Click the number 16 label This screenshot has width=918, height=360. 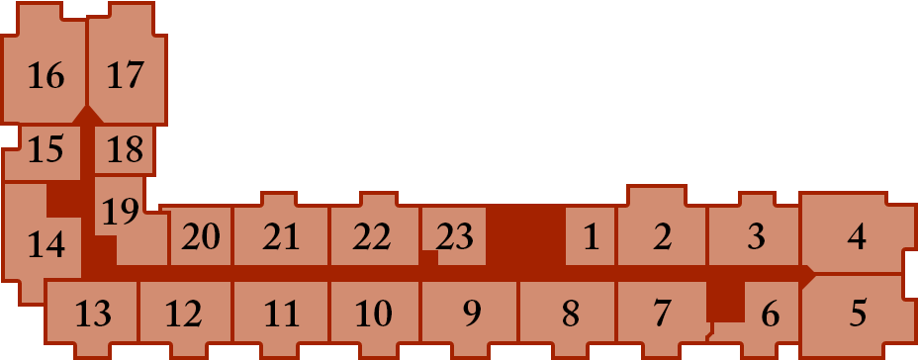click(x=46, y=76)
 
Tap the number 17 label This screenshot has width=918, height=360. click(x=126, y=76)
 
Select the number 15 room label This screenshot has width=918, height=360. click(x=46, y=149)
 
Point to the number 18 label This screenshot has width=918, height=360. click(x=126, y=149)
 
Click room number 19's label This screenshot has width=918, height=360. click(x=121, y=212)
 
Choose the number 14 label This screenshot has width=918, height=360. click(x=46, y=244)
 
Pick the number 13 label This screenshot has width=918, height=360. click(x=93, y=314)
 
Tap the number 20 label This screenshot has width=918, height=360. click(x=201, y=237)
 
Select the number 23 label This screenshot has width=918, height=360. click(x=454, y=237)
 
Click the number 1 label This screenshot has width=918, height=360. click(x=592, y=237)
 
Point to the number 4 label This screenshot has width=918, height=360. click(x=857, y=237)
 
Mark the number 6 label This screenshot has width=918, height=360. click(x=771, y=315)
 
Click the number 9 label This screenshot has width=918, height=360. click(x=472, y=314)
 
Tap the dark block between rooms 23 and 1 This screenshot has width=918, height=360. click(x=525, y=235)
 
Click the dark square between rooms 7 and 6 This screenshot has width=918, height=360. click(x=726, y=302)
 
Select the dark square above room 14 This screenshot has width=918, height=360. click(x=64, y=199)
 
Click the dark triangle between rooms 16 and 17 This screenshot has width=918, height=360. click(x=88, y=115)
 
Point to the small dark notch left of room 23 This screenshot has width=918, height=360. click(x=429, y=258)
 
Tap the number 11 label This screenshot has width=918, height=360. click(x=282, y=314)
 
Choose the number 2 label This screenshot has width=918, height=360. click(x=662, y=237)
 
